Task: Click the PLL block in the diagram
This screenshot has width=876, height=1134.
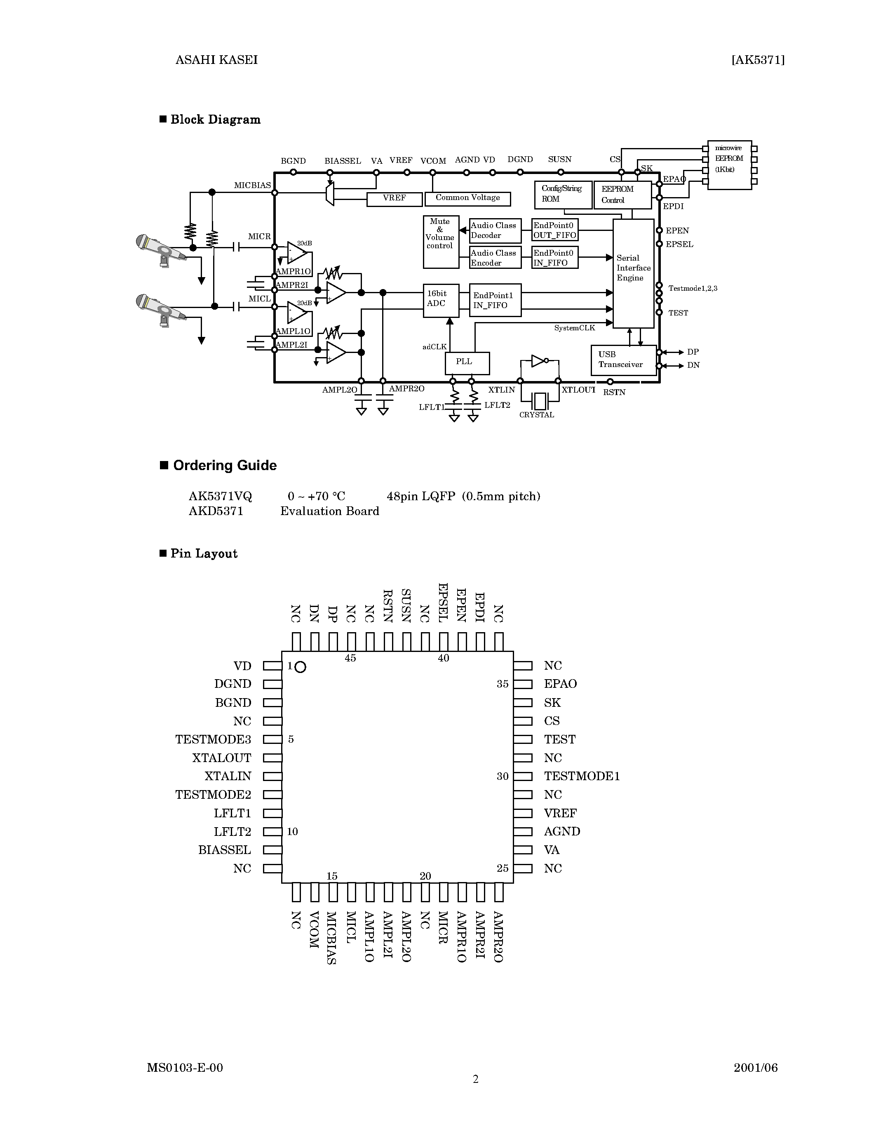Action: click(x=467, y=363)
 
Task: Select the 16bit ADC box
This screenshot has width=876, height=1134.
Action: click(x=441, y=300)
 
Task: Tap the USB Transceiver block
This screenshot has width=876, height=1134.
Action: click(x=623, y=360)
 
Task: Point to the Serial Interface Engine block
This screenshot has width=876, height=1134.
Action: click(x=633, y=273)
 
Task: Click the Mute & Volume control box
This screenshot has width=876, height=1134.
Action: click(x=441, y=242)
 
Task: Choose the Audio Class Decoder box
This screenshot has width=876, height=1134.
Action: click(x=495, y=231)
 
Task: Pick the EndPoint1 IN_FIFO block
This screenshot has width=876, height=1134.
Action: click(x=495, y=300)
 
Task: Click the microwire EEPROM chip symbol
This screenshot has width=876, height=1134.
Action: click(x=729, y=165)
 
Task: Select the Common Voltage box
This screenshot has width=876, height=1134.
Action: click(x=467, y=198)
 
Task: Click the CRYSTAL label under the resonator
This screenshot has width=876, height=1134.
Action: click(x=537, y=415)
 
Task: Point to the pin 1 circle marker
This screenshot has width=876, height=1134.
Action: click(x=300, y=667)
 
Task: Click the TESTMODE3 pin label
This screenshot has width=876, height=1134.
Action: click(x=213, y=739)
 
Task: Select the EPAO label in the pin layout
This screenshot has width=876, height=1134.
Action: click(x=560, y=684)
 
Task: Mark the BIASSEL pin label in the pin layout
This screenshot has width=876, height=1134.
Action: click(x=224, y=850)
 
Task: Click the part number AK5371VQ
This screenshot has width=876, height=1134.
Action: click(x=220, y=496)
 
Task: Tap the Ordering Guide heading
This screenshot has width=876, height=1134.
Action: click(x=224, y=465)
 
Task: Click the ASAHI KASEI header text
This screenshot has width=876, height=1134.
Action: click(x=216, y=60)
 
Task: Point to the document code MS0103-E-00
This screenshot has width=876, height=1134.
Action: click(x=185, y=1068)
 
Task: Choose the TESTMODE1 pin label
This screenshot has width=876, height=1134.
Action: click(x=582, y=776)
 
